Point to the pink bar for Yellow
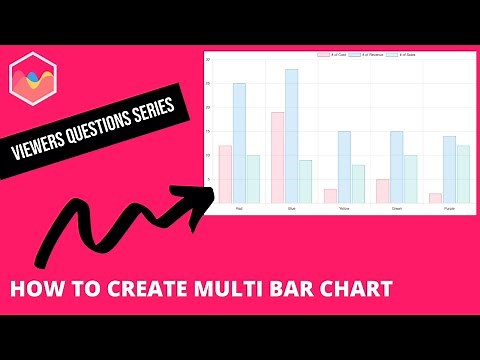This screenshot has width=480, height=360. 330,196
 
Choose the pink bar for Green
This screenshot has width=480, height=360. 382,191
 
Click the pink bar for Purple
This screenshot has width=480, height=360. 435,198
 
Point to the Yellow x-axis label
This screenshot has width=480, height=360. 344,209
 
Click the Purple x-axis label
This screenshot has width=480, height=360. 449,209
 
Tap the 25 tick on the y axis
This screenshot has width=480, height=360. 209,84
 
